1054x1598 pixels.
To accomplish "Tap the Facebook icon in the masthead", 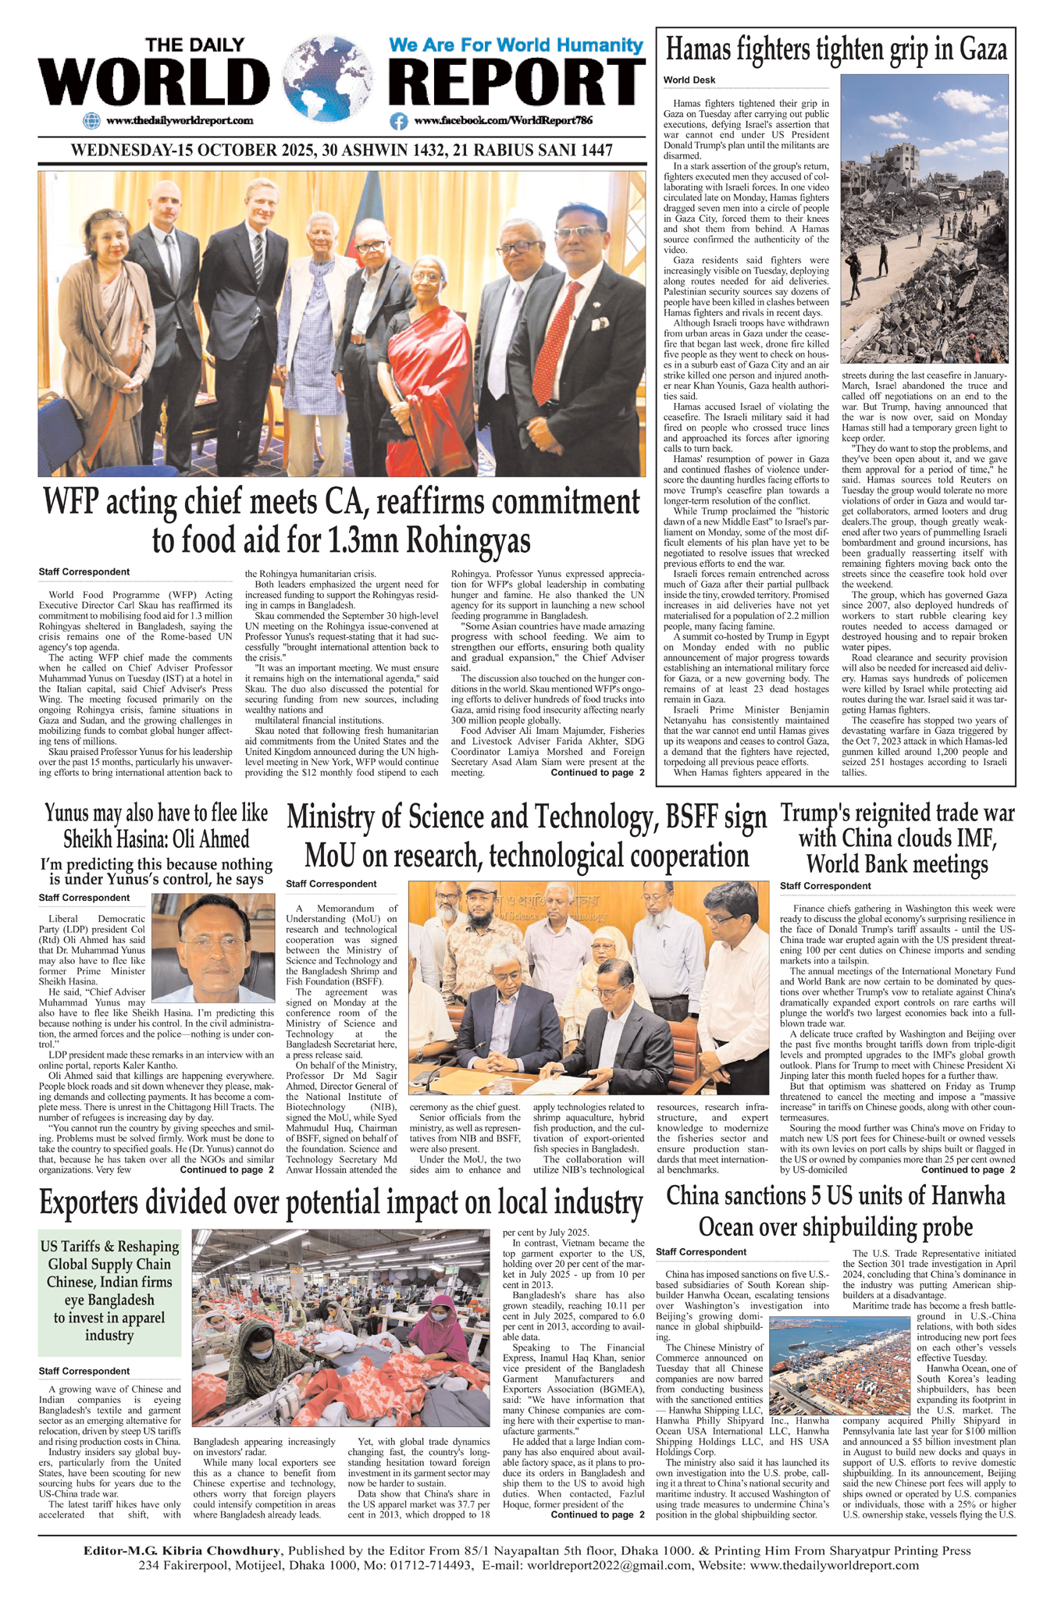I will point(399,121).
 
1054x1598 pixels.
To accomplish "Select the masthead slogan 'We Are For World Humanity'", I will point(515,44).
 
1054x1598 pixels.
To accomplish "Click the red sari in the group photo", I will point(426,375).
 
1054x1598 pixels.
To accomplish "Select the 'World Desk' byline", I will point(689,80).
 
